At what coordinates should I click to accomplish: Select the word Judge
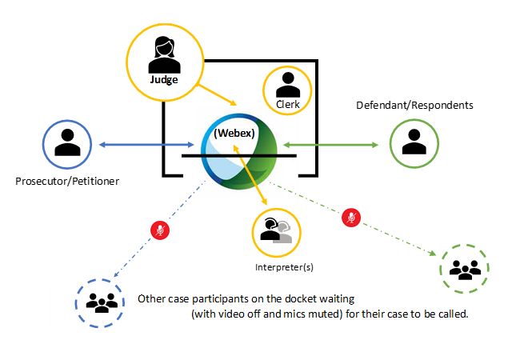pyautogui.click(x=163, y=80)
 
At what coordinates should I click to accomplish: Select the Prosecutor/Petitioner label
pyautogui.click(x=67, y=182)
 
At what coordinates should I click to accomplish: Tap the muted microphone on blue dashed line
pyautogui.click(x=161, y=230)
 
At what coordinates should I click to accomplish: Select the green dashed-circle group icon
pyautogui.click(x=465, y=269)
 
